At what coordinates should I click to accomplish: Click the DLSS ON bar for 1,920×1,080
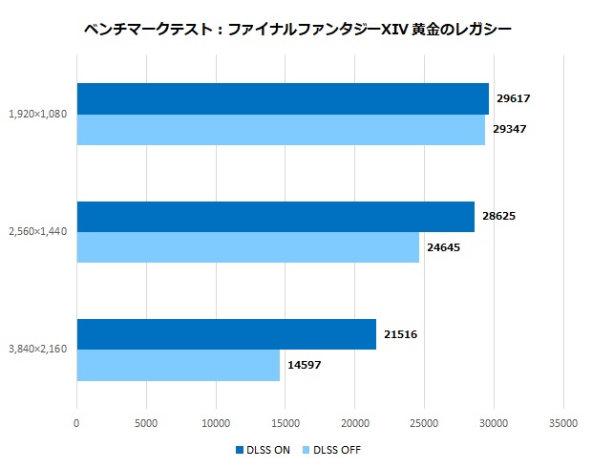click(283, 99)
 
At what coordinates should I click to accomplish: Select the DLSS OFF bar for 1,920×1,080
click(281, 129)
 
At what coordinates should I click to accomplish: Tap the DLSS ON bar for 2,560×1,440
click(275, 217)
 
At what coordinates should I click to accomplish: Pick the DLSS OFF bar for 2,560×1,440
click(247, 247)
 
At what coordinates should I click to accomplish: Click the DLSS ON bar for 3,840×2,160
click(226, 334)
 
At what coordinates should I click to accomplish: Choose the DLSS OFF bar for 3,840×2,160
click(178, 365)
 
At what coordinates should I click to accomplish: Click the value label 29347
click(510, 129)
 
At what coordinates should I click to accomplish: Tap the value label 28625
click(497, 217)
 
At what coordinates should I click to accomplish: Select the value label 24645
click(442, 247)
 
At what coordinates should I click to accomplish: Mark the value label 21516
click(399, 334)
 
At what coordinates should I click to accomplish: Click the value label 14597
click(303, 365)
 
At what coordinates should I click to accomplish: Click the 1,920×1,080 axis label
click(38, 114)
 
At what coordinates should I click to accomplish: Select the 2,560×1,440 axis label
click(38, 232)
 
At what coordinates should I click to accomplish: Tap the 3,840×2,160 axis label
click(38, 350)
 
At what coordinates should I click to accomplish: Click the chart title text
click(297, 30)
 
